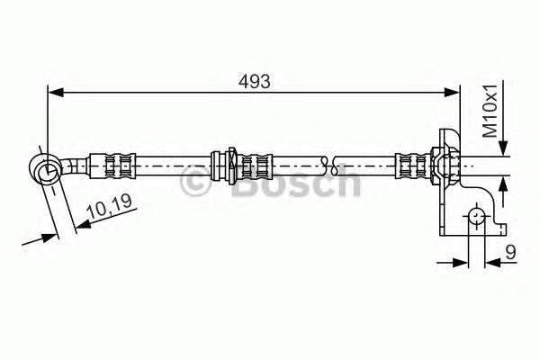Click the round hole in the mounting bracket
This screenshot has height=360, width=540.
[x=475, y=215]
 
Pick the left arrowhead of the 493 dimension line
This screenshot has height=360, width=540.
[x=54, y=90]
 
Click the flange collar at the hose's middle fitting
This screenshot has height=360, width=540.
[x=230, y=165]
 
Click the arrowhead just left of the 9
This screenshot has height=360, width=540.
[x=461, y=262]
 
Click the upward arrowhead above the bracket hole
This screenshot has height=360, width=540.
[x=502, y=181]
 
